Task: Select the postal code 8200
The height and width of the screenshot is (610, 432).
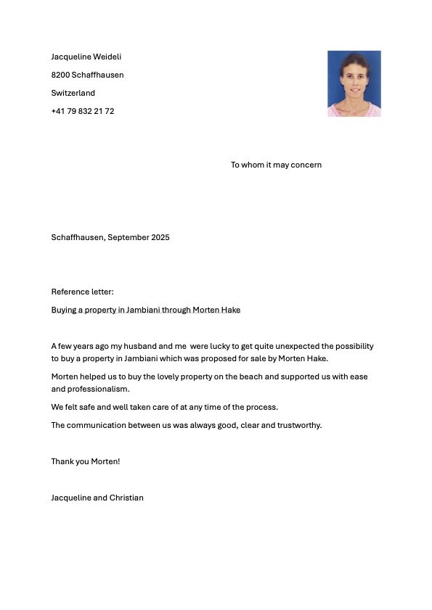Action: [60, 75]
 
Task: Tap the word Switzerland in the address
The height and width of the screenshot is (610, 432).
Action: [73, 93]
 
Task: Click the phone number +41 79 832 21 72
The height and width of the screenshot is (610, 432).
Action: [82, 111]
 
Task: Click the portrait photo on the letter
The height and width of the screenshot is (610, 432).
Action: [354, 83]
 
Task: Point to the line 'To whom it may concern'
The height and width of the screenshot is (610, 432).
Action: [276, 165]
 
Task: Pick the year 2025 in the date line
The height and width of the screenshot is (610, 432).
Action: [160, 237]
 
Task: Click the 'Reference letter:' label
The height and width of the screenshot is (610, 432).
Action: [82, 292]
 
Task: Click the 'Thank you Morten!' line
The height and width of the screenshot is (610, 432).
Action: [85, 461]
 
